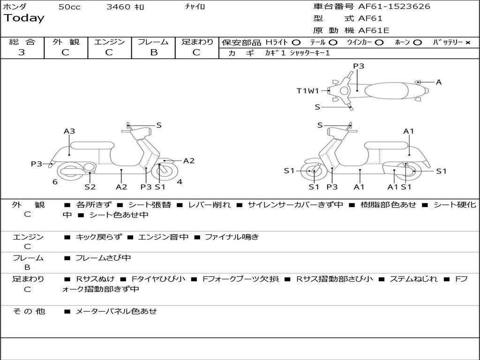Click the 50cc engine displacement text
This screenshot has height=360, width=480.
[x=69, y=7]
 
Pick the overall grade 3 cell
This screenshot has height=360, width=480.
[x=22, y=52]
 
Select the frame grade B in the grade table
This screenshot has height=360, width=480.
[x=153, y=52]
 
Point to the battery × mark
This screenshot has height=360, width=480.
[x=467, y=43]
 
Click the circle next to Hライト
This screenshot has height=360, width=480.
[x=296, y=43]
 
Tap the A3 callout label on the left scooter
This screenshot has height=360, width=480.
[x=69, y=131]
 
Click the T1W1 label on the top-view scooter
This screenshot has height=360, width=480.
[x=307, y=91]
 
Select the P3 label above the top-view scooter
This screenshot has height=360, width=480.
[x=359, y=66]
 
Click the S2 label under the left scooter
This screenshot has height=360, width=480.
[x=90, y=187]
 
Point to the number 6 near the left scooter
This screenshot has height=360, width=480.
[x=55, y=182]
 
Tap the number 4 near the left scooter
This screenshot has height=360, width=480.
[x=180, y=182]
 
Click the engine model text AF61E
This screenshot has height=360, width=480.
[x=374, y=30]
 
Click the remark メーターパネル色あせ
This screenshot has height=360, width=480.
[x=116, y=311]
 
